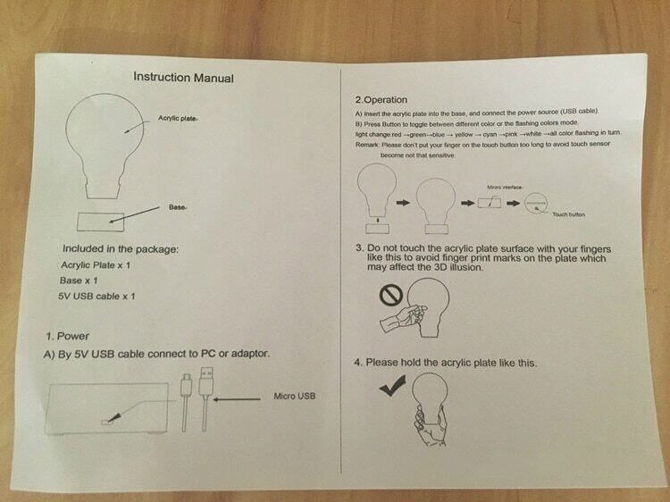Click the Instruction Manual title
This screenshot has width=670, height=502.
(x=183, y=78)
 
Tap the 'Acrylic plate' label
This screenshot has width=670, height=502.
(x=177, y=118)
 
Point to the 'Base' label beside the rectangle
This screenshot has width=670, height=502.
(x=177, y=207)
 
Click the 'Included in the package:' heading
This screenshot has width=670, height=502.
(x=121, y=248)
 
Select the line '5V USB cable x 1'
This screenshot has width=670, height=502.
(x=96, y=296)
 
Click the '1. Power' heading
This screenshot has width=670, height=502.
(x=68, y=336)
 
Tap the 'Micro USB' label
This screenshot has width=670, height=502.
(x=295, y=396)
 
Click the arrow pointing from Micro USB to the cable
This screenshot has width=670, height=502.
(x=237, y=399)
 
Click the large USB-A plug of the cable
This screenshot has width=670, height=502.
(x=205, y=381)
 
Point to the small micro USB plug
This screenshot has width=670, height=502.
(x=187, y=383)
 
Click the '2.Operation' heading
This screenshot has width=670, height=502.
(x=381, y=99)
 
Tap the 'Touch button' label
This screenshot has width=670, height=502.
(x=568, y=214)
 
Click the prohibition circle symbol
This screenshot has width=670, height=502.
(x=391, y=296)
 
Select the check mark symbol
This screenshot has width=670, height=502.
(x=393, y=385)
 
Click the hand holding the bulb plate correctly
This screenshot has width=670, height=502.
(x=431, y=426)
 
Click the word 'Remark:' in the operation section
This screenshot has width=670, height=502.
(x=367, y=145)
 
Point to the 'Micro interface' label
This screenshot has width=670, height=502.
(x=505, y=187)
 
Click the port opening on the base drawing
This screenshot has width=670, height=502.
(x=105, y=423)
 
